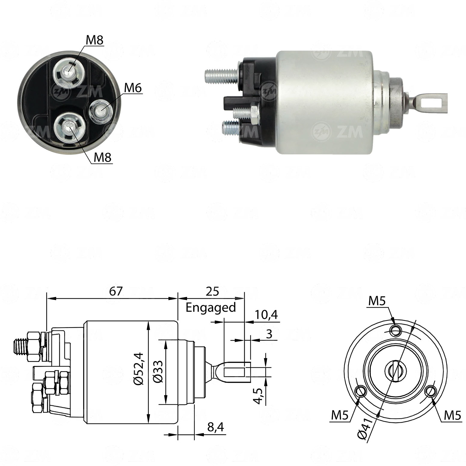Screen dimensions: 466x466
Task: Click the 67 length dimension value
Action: coord(116,291)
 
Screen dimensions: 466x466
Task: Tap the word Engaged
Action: coord(210,308)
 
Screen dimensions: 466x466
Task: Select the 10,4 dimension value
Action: coord(266,315)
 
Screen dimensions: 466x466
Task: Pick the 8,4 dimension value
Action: coord(215,427)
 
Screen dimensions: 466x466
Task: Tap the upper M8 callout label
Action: coord(95,40)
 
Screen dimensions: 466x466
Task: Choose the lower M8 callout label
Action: coord(103,157)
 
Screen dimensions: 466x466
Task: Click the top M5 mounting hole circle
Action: coord(396,330)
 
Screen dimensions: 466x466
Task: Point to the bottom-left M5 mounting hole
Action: coord(360,392)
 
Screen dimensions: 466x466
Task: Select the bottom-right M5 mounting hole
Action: coord(431,392)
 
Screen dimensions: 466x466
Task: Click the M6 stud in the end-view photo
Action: coord(100,111)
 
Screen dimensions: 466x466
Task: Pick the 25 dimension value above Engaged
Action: coord(212,291)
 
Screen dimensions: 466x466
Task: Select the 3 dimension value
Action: coord(269,334)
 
